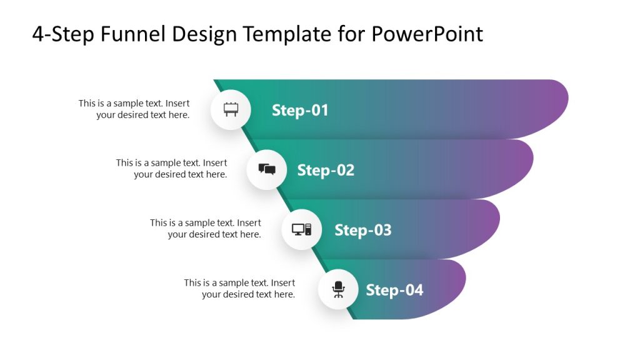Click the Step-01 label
coord(300,111)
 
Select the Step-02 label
coord(326,170)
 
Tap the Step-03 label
coord(363,230)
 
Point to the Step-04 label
coord(394,290)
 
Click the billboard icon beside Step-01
coord(231,110)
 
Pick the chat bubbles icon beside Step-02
coord(267,169)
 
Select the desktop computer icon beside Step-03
coord(301,229)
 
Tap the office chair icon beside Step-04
coord(338,289)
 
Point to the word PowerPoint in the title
coord(427,34)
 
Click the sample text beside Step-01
coord(134,109)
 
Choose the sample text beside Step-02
coord(171,169)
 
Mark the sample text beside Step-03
coord(206,229)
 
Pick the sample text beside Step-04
coord(239,289)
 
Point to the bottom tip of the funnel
coord(355,317)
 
